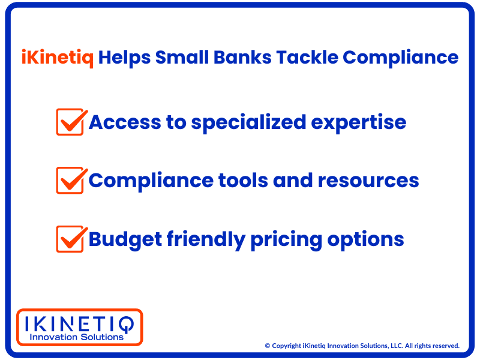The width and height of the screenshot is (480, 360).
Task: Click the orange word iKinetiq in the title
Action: click(58, 58)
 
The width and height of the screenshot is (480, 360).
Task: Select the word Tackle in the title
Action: click(307, 57)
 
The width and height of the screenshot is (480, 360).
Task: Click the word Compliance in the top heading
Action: click(400, 58)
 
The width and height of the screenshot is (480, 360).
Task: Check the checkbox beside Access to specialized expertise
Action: click(70, 122)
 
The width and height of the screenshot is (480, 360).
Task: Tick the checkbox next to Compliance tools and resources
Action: click(70, 181)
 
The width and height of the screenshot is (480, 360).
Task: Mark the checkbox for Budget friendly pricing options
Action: click(70, 239)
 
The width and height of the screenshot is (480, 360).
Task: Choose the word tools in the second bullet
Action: click(243, 181)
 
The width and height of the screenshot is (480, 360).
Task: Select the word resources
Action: click(368, 181)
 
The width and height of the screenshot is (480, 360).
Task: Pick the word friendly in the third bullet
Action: click(206, 239)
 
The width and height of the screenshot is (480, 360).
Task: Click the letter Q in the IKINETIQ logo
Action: click(126, 325)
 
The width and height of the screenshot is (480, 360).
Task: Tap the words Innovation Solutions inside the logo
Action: click(77, 337)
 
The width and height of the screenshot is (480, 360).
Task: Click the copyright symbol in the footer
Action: click(267, 346)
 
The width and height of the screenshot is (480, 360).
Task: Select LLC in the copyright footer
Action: click(397, 346)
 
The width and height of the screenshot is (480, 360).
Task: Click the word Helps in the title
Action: click(124, 58)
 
